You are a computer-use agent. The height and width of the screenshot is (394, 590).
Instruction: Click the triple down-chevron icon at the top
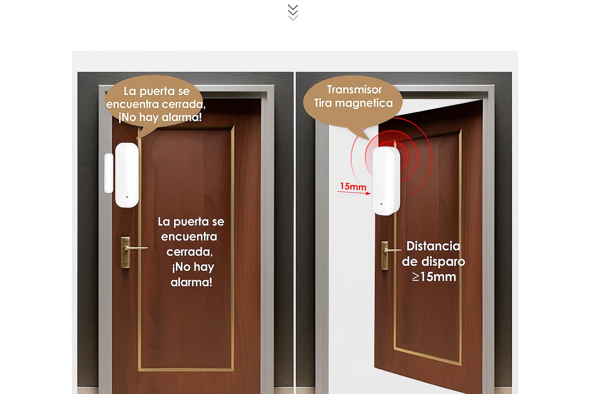pos(293,12)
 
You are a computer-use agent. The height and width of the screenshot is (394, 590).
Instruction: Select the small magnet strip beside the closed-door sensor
pos(109,173)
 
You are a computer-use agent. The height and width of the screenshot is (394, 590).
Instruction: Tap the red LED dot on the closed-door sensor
pos(127,197)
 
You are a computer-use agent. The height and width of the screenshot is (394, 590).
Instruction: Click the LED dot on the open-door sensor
pos(381,204)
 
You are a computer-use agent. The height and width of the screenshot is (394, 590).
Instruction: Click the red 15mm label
pos(353,187)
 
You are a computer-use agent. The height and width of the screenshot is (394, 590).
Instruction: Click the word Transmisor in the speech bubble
pos(354,90)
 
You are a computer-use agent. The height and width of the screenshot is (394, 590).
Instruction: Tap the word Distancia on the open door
pos(433,246)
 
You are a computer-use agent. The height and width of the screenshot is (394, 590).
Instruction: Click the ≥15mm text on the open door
pos(434,277)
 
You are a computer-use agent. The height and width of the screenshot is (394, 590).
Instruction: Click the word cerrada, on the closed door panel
pos(189,252)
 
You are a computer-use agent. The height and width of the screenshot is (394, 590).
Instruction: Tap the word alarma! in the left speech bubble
pos(182,117)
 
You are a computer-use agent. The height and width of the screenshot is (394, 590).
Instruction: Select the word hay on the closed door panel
pos(203,267)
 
